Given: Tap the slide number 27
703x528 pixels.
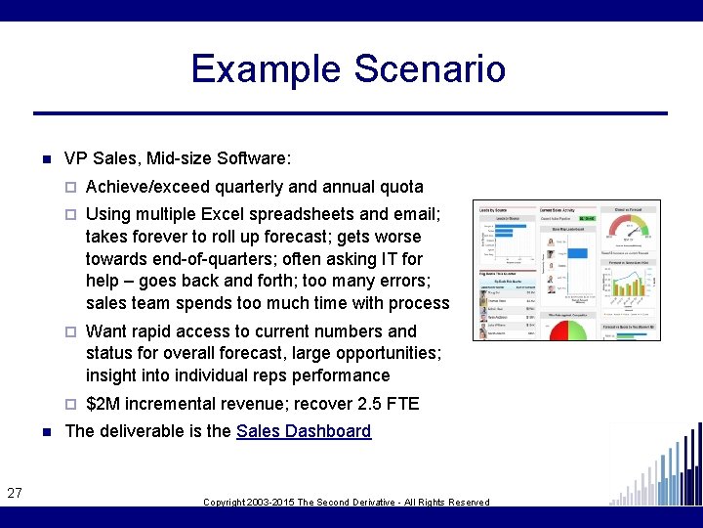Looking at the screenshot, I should (x=15, y=494).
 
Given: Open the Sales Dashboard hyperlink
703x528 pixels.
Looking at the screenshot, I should (x=304, y=431).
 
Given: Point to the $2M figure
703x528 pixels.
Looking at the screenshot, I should (x=103, y=404).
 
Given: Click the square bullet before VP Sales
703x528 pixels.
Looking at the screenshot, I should (x=45, y=158).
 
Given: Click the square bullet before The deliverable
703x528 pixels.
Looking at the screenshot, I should (x=45, y=432).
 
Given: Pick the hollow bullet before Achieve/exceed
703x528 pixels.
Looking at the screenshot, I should (x=71, y=188).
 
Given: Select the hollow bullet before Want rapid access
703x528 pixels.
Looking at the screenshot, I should (x=71, y=332).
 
